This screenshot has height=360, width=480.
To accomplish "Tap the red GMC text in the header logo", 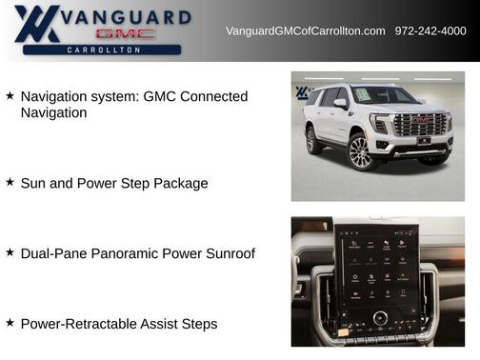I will [x=124, y=33].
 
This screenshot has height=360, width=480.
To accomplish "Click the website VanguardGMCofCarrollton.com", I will [x=305, y=31].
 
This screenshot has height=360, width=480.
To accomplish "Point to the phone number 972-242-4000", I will [x=430, y=31].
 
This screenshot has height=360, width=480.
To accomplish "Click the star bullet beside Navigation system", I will [x=10, y=96].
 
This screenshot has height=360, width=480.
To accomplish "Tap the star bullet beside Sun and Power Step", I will [x=10, y=182].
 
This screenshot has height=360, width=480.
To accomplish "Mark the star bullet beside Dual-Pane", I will [x=10, y=252].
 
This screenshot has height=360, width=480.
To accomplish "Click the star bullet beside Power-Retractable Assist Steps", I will [x=10, y=323].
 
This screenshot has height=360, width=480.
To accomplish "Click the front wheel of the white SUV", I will [x=360, y=151].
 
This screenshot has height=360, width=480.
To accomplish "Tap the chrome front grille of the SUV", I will [x=420, y=125].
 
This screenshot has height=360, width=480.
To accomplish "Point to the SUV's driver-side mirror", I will [x=340, y=104].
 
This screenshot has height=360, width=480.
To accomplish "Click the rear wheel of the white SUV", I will [x=312, y=141].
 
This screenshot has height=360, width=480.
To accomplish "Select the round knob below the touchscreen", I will [x=380, y=317].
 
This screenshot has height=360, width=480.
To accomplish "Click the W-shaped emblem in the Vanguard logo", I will [x=40, y=23].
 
